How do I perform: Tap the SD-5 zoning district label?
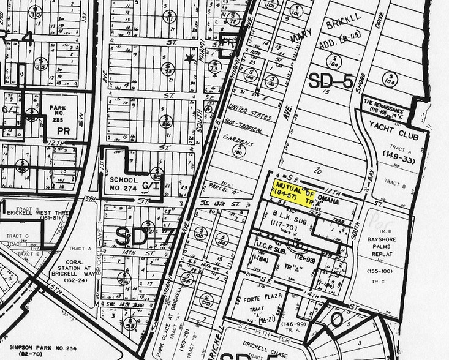(331, 81)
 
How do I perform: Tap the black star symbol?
(189, 58)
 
